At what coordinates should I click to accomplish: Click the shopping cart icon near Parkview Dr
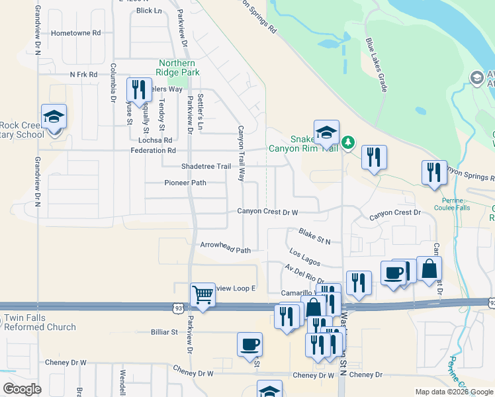tap(202, 294)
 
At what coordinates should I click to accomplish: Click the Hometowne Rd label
tap(76, 32)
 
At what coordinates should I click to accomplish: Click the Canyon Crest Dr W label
tap(269, 212)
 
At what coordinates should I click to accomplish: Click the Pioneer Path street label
tap(185, 183)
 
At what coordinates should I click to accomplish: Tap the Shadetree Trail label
tap(206, 166)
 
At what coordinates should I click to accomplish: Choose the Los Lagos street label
tap(305, 255)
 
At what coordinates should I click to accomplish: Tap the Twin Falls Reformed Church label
tap(40, 322)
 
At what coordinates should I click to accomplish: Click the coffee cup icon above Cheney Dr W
tap(250, 344)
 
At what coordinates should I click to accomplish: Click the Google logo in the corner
tap(22, 389)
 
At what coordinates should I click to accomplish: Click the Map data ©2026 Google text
tap(454, 392)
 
